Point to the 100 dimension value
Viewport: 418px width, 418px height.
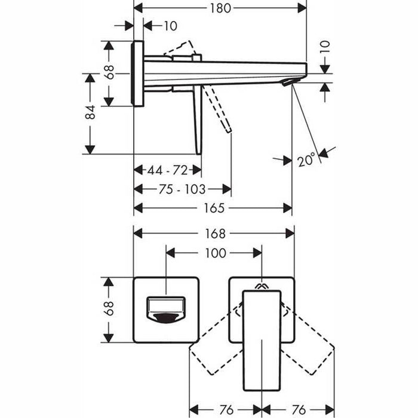click(214, 253)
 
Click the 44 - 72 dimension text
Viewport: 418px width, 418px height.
click(167, 170)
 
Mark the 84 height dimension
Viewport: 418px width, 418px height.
click(90, 112)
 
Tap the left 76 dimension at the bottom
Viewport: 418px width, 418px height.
click(225, 410)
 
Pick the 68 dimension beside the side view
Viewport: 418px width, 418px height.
click(109, 72)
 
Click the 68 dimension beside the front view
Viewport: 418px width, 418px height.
click(109, 309)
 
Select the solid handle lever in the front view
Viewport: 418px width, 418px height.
click(262, 340)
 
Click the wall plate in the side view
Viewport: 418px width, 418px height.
click(138, 73)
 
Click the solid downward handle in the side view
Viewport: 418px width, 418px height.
click(197, 119)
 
